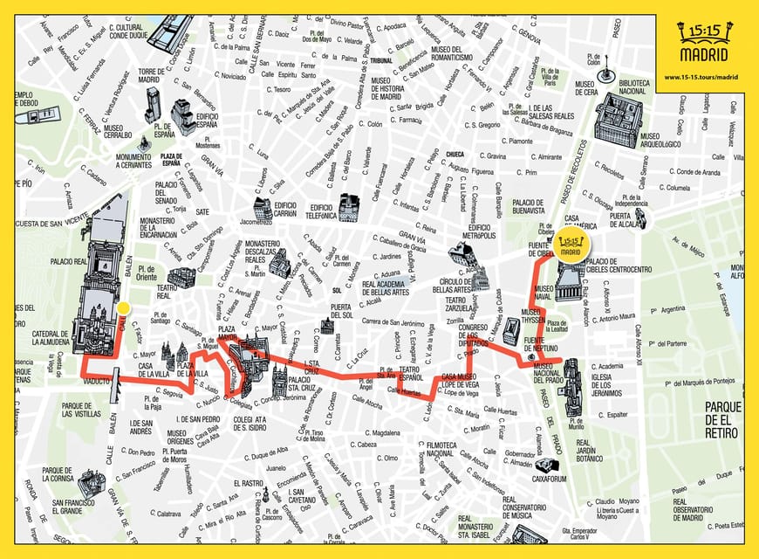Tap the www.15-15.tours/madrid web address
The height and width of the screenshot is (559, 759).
click(x=701, y=76)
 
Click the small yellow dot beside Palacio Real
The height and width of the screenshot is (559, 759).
click(x=124, y=307)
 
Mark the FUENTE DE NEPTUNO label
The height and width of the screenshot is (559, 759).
click(x=541, y=346)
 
